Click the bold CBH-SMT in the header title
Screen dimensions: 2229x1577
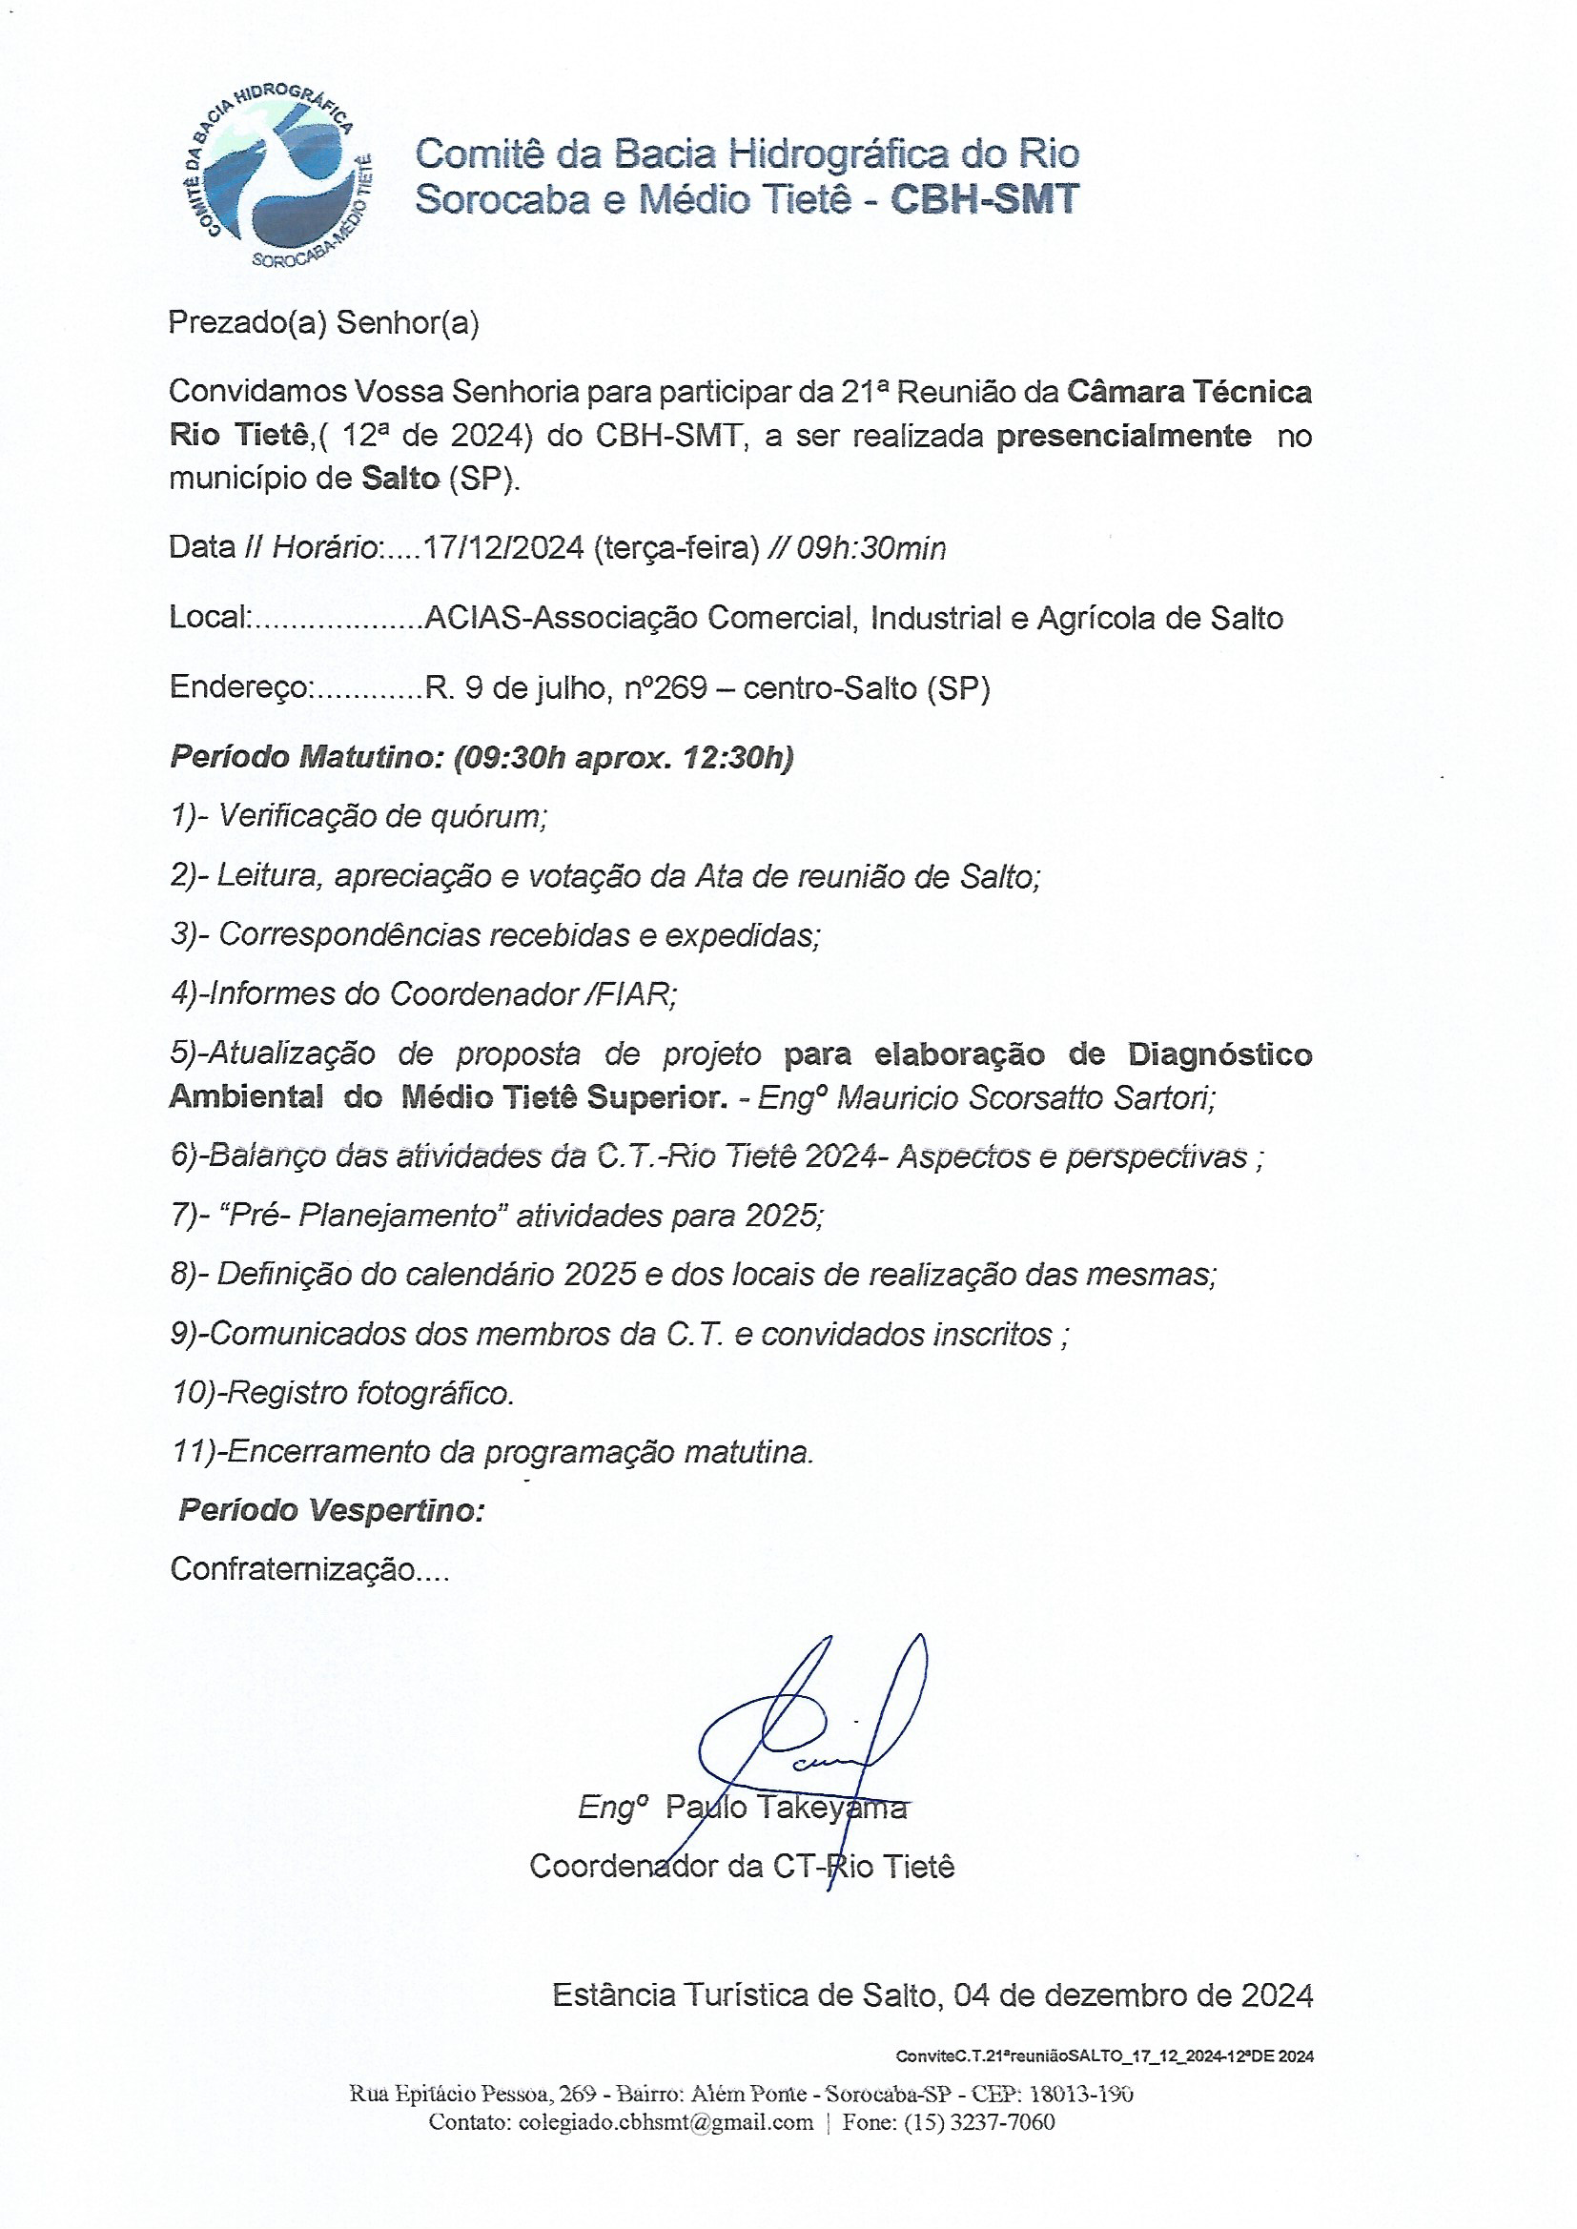(x=984, y=200)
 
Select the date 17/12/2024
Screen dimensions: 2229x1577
(x=503, y=548)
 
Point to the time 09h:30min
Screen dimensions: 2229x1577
(x=870, y=549)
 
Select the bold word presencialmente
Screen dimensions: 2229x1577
(x=1123, y=436)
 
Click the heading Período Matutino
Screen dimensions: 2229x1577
(x=307, y=757)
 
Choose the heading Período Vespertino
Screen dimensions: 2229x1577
(x=331, y=1510)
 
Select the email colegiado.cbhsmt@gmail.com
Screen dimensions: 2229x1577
(x=666, y=2122)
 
